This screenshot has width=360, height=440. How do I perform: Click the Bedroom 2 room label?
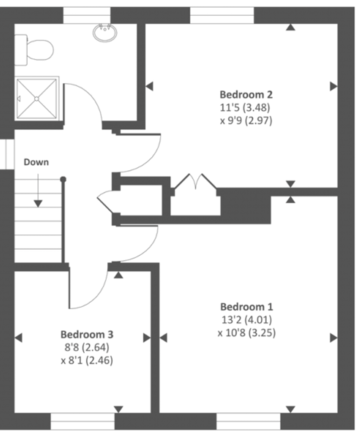click(x=246, y=95)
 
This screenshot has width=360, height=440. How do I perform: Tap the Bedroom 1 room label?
click(x=246, y=307)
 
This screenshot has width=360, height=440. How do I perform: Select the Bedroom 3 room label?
click(x=87, y=334)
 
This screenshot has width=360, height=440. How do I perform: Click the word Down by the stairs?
click(x=36, y=162)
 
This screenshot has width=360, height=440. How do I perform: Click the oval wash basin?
click(x=105, y=33)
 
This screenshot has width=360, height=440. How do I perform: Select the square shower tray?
click(x=37, y=98)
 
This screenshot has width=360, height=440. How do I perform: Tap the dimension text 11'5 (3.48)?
click(x=246, y=108)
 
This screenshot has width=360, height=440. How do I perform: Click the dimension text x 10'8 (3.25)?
click(x=246, y=333)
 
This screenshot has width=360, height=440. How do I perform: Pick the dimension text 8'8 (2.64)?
click(x=87, y=348)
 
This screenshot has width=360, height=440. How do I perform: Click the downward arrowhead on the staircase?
click(x=38, y=204)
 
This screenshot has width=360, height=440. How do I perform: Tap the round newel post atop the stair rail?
click(x=63, y=179)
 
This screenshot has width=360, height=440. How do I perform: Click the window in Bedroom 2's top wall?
click(x=222, y=15)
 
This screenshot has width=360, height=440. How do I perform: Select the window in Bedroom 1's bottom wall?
click(x=249, y=421)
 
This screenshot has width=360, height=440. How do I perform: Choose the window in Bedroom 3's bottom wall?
click(x=83, y=421)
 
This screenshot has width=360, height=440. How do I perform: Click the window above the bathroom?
click(x=87, y=15)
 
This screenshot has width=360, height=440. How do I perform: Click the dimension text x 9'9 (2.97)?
click(x=246, y=121)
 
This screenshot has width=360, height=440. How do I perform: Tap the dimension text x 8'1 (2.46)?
click(x=87, y=360)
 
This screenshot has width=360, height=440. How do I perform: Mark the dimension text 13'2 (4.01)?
click(x=246, y=320)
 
